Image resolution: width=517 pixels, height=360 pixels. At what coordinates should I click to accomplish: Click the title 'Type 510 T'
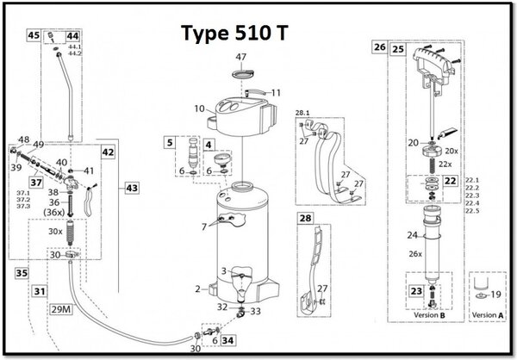235,32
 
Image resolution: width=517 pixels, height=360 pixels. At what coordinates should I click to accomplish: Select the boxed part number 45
34,36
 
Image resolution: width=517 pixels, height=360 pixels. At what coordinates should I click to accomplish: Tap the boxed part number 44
72,36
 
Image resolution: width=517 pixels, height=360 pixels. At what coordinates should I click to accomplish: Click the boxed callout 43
131,187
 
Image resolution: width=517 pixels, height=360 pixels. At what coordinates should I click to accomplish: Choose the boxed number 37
35,182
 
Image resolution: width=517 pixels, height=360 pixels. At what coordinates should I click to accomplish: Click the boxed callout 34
227,341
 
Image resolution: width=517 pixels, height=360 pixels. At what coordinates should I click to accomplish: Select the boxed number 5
171,141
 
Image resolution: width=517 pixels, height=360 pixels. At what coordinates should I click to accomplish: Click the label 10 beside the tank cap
198,109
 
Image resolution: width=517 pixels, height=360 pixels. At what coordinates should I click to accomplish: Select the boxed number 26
379,49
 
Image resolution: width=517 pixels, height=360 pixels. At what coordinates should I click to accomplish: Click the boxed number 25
397,49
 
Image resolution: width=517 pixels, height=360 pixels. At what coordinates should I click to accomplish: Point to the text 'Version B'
428,316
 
